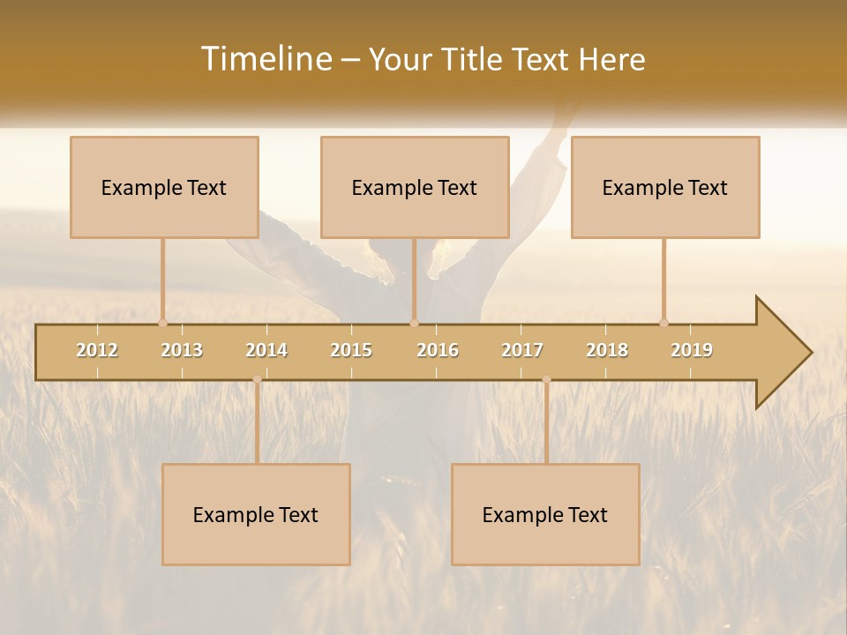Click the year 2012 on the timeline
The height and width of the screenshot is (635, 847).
97,350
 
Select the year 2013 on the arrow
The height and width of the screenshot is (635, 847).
182,350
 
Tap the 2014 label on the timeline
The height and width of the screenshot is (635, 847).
266,350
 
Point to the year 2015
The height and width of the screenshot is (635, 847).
351,350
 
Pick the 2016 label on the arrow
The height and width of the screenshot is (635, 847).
438,350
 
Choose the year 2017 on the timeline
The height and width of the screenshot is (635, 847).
522,350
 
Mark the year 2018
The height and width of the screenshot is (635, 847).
607,350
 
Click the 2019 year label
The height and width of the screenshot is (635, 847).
692,350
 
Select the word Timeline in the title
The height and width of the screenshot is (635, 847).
266,59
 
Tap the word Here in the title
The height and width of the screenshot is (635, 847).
611,59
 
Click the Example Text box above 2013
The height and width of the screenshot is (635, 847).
164,187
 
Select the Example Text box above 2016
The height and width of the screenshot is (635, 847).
415,187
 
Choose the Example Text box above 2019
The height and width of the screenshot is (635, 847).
665,187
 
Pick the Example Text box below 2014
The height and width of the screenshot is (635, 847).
256,514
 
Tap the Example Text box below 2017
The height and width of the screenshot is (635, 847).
545,514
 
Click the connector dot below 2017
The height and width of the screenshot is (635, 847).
546,379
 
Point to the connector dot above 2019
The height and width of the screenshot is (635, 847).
663,323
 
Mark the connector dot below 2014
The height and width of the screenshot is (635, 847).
257,379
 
